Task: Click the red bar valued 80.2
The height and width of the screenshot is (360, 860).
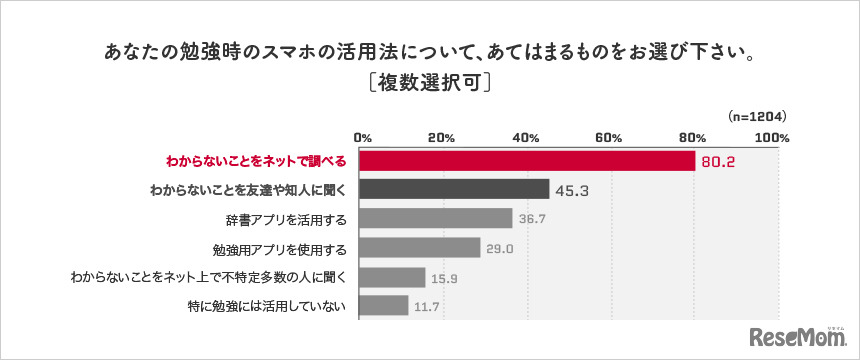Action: click(526, 161)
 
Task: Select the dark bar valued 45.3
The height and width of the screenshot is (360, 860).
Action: click(454, 189)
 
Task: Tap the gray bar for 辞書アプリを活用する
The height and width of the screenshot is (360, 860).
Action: click(435, 218)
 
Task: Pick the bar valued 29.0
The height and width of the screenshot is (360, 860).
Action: click(419, 247)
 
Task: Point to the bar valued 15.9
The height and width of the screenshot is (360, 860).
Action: click(392, 277)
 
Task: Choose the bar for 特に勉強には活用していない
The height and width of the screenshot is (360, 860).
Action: click(383, 306)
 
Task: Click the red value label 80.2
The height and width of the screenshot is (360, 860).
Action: click(718, 162)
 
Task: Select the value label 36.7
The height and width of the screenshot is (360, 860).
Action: click(535, 219)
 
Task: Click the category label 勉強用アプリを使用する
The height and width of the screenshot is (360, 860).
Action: click(282, 248)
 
